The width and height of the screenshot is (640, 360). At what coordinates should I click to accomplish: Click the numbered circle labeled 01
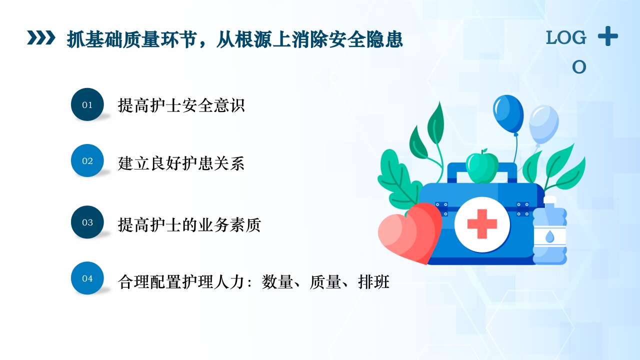[x=87, y=104]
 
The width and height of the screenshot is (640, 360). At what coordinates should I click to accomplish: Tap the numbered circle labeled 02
[x=87, y=160]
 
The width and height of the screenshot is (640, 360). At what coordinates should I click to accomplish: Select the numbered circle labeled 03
[x=87, y=222]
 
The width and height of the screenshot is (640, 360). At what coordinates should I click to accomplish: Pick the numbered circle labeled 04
[x=87, y=278]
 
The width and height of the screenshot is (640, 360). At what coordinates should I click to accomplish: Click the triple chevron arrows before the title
[x=41, y=38]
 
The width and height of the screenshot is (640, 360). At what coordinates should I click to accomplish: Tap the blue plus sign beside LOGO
[x=607, y=36]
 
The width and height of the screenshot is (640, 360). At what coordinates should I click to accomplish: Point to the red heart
[x=407, y=233]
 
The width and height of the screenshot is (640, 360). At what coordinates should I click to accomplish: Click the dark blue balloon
[x=507, y=114]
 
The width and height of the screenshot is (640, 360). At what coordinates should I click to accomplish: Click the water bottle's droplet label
[x=549, y=236]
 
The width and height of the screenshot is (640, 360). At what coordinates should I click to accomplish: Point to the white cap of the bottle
[x=549, y=201]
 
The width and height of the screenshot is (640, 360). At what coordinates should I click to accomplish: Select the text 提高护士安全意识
[x=181, y=105]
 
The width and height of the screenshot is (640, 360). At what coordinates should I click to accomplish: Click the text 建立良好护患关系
[x=181, y=163]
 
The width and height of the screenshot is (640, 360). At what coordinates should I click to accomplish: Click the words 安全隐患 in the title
[x=371, y=39]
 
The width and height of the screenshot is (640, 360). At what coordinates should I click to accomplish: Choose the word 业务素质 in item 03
[x=229, y=225]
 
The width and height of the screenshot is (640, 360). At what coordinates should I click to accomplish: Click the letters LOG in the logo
[x=566, y=38]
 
